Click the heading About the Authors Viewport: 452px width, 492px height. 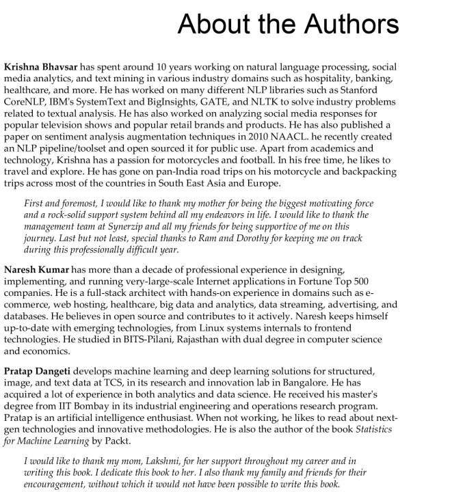(288, 25)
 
